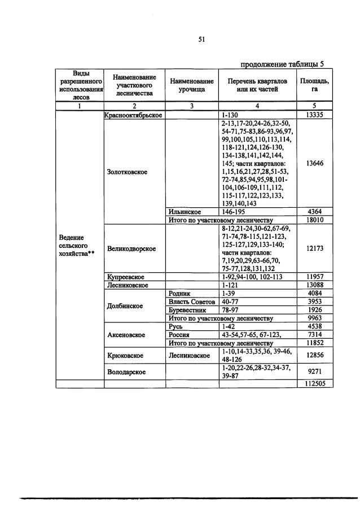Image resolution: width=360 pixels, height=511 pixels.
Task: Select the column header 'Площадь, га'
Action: (x=314, y=85)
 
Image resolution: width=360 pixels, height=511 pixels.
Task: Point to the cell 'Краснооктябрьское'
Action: (x=134, y=115)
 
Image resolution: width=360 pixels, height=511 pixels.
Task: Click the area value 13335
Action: (x=314, y=115)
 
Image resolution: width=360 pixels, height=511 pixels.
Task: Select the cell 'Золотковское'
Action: (x=127, y=172)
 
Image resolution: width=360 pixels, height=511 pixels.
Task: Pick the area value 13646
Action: (x=314, y=163)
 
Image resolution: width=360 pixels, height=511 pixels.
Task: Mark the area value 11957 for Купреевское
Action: (x=314, y=277)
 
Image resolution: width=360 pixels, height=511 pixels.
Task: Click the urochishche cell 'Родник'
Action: (x=180, y=294)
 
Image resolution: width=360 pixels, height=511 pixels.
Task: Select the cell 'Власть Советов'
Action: (x=192, y=302)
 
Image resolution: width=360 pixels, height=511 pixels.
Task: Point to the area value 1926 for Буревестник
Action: (x=314, y=310)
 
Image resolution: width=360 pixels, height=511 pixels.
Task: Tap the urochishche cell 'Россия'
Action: (x=179, y=335)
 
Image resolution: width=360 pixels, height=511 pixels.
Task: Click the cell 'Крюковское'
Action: (x=125, y=356)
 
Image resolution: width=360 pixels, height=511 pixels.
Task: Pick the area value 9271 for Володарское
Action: (x=314, y=372)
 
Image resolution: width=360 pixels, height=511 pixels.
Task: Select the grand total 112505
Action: (x=314, y=384)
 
